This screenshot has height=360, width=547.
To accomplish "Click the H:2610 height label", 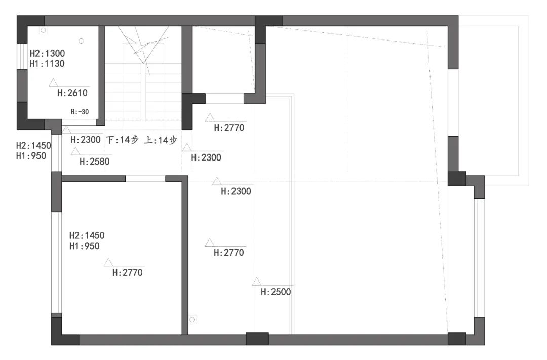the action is point(72,93).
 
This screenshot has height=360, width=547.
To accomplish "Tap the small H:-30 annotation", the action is point(80,112).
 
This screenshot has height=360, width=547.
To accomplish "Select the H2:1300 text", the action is point(47,53).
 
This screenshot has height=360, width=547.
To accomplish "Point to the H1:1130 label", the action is point(47,64).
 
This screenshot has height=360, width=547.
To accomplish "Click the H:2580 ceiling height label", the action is point(95,162).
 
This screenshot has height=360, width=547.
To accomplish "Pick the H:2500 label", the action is point(276,292).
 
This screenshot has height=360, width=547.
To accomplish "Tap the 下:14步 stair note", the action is point(122,140).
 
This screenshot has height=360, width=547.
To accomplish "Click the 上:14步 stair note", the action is point(161,140).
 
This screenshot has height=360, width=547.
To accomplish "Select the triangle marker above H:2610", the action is point(53,83).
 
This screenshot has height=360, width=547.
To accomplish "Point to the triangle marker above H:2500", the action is point(257,282).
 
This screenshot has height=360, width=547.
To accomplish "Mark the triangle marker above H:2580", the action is point(75,151).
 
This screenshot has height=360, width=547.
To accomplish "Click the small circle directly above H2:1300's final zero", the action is point(81,41).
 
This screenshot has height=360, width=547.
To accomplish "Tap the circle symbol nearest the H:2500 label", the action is point(192,319).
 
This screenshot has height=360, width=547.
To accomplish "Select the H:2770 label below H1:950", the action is point(127,273).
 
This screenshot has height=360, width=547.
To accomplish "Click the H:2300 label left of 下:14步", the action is point(86,140).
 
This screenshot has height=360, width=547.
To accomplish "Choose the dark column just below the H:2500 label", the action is point(257,339).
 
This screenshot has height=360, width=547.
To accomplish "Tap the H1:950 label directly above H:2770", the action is point(85,246).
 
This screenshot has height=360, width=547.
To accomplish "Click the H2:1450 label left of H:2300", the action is point(33,145).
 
